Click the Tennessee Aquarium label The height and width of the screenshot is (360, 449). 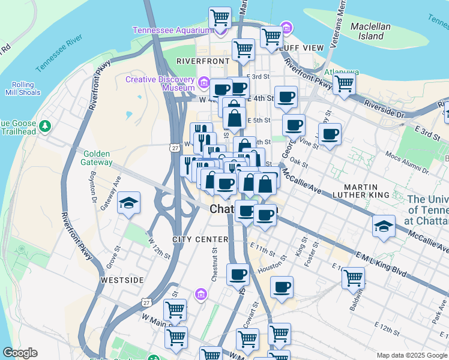click(x=172, y=31)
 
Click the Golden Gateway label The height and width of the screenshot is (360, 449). click(x=98, y=158)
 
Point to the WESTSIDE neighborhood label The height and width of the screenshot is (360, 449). click(x=122, y=280)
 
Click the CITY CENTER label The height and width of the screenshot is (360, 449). click(x=200, y=239)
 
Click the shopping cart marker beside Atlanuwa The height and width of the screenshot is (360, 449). click(x=344, y=84)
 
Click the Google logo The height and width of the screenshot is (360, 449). click(x=20, y=353)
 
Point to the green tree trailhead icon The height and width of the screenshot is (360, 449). click(x=45, y=127)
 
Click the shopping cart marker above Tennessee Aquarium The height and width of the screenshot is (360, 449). click(x=220, y=17)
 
